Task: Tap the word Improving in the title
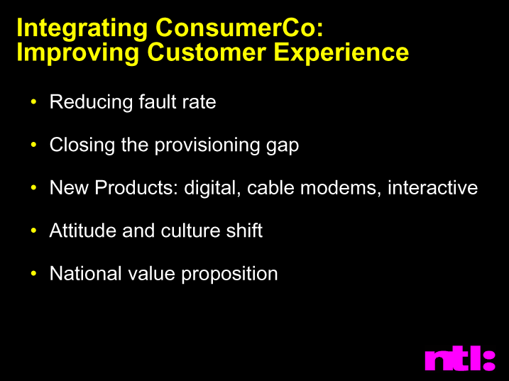(78, 53)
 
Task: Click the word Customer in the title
(207, 52)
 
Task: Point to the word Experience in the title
(341, 53)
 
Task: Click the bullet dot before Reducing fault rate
(33, 101)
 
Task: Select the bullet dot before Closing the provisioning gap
(33, 145)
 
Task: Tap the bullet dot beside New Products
(33, 187)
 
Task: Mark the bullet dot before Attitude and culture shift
(33, 231)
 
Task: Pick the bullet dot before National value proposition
(33, 273)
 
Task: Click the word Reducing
(91, 103)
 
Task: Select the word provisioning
(207, 145)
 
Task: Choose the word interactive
(433, 187)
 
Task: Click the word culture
(190, 231)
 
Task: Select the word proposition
(229, 275)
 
